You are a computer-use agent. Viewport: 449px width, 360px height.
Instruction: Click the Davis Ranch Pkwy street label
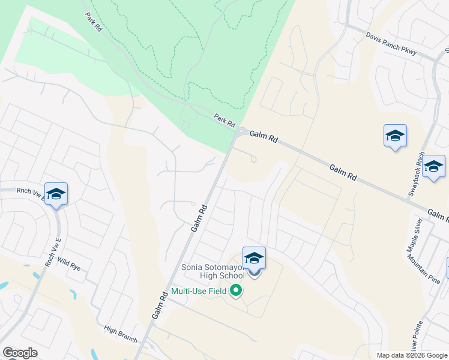pos(391,43)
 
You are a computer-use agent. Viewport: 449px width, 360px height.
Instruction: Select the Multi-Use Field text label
pos(199,292)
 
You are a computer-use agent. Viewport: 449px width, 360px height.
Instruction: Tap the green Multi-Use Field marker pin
pos(236,291)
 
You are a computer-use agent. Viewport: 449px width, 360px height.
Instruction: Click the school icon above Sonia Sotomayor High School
pos(254,258)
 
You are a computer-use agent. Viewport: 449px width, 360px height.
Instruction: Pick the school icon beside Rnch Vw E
pos(56,194)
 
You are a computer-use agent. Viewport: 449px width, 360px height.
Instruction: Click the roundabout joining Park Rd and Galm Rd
pos(241,131)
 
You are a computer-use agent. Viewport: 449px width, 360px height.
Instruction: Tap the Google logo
pos(20,352)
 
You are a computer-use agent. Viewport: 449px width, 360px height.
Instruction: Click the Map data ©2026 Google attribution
pos(411,355)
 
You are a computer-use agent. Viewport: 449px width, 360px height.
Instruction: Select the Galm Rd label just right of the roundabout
pos(264,137)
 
